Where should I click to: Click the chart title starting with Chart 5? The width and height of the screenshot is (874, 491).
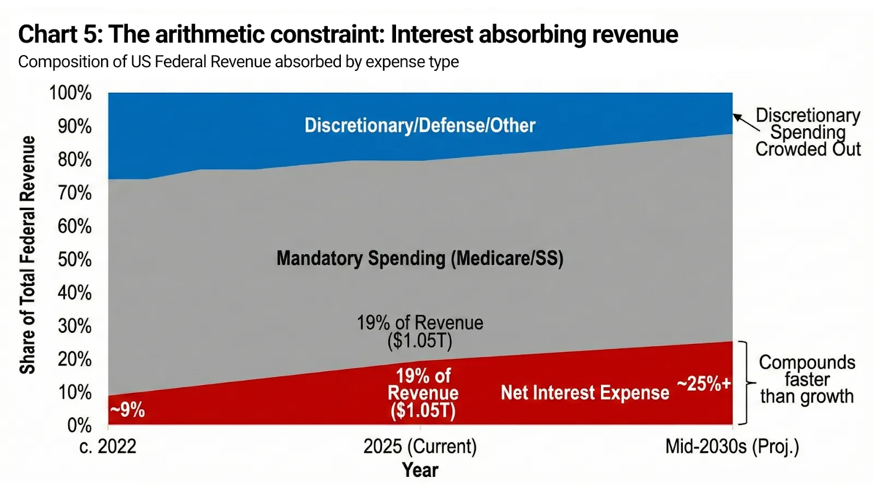(348, 34)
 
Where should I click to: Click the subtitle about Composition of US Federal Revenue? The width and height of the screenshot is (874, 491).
(238, 62)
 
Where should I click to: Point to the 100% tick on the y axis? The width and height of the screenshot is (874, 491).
(70, 93)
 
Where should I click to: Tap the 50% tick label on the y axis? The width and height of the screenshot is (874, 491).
(75, 260)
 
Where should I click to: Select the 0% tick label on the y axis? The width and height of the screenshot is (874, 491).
(79, 426)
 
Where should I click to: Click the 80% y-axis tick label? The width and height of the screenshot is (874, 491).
(75, 160)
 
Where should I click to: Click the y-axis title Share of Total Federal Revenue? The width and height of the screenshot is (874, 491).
(27, 255)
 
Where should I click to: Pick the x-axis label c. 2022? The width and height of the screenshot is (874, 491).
(108, 447)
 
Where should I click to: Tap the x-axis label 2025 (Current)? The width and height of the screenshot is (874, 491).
(420, 447)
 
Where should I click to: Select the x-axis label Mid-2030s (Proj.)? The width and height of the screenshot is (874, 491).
(732, 447)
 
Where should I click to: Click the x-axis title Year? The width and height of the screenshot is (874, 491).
(420, 470)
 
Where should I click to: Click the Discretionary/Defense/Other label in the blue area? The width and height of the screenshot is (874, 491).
(420, 125)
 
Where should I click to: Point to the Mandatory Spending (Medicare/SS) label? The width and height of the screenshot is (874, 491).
(420, 258)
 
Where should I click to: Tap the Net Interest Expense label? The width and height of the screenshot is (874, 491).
(584, 393)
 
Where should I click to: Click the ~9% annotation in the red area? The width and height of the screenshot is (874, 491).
(127, 409)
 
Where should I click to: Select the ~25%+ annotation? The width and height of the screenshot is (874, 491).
(704, 384)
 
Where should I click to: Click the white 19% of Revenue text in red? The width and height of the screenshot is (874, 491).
(423, 393)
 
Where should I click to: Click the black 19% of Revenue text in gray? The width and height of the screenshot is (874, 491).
(420, 331)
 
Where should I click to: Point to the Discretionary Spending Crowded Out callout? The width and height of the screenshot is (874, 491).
(807, 132)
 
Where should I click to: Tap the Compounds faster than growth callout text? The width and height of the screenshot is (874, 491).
(807, 379)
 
